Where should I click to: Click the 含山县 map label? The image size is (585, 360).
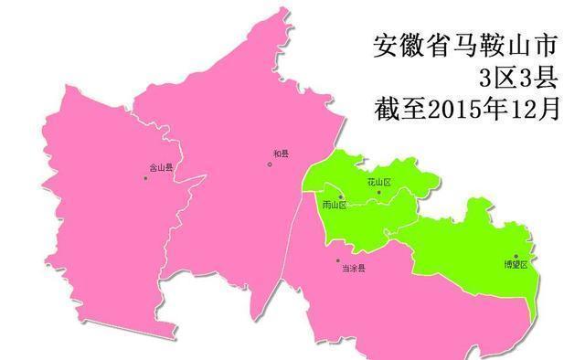click(162, 168)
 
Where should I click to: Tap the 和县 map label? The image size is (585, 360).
click(281, 154)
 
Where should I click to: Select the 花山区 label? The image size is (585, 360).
click(378, 183)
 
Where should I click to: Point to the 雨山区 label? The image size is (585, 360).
click(335, 206)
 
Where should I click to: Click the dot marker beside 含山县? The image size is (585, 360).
click(145, 177)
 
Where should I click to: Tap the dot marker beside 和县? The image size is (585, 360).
click(270, 164)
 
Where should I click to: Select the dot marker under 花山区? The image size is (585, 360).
click(378, 192)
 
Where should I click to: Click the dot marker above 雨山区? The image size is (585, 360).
click(341, 196)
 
